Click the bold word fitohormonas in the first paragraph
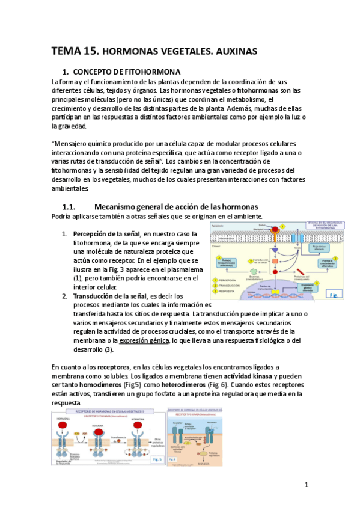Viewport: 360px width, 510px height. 261,90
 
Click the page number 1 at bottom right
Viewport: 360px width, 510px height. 306,485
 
